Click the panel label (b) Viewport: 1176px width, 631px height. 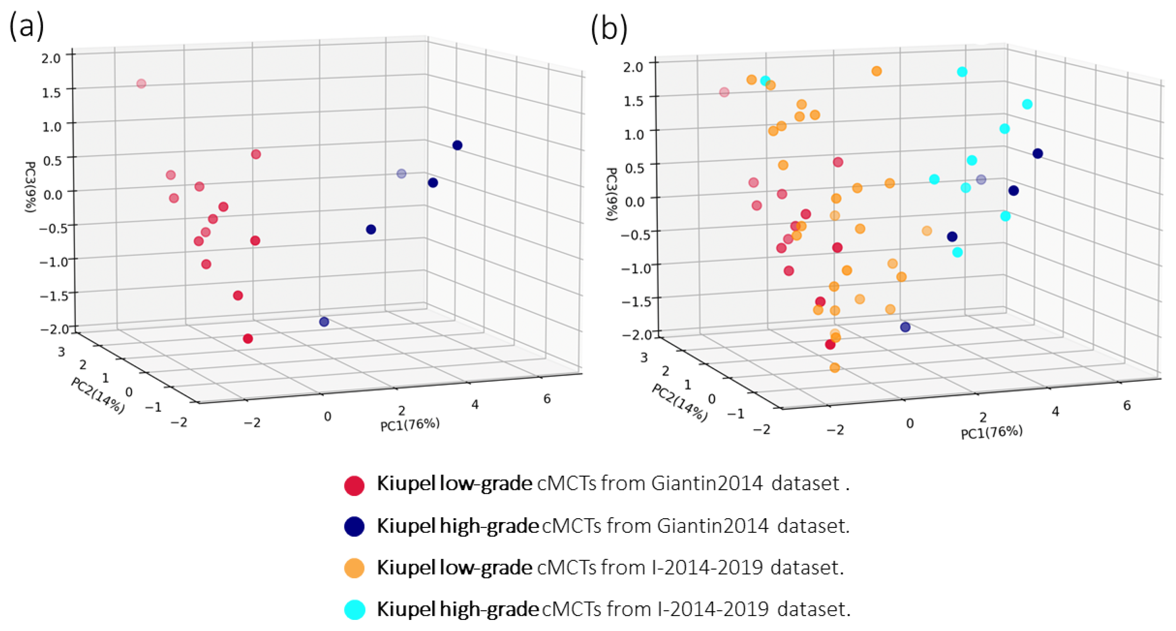tap(609, 28)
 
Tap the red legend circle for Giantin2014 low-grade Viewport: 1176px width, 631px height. tap(354, 486)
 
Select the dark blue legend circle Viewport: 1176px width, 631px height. tap(354, 526)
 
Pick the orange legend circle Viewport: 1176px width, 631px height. tap(354, 568)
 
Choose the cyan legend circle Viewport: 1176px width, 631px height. tap(354, 610)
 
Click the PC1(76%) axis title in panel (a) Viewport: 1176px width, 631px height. tap(409, 424)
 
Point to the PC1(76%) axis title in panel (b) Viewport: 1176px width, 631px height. tap(992, 432)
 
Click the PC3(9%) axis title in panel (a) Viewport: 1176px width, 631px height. tap(30, 187)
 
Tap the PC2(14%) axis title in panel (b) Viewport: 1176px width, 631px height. tap(679, 402)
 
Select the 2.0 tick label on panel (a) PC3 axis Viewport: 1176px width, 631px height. tap(51, 58)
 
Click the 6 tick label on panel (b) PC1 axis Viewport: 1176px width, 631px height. tap(1127, 405)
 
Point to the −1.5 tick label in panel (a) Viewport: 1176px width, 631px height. tap(54, 296)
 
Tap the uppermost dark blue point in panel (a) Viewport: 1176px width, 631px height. tap(457, 145)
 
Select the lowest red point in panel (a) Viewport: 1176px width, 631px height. tap(248, 339)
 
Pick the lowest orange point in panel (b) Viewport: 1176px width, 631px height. tap(835, 368)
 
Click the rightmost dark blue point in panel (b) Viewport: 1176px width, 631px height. tap(1038, 153)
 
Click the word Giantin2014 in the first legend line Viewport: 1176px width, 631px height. tap(707, 484)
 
